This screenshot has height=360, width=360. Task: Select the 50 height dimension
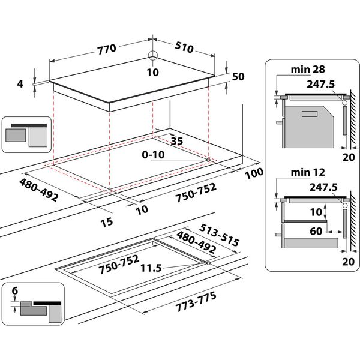[x=238, y=76]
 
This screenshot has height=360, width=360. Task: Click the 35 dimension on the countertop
[x=176, y=142]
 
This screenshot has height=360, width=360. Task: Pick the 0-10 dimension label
[x=154, y=155]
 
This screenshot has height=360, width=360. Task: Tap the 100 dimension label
[x=254, y=173]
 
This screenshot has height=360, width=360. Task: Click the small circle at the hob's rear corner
[x=153, y=56]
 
